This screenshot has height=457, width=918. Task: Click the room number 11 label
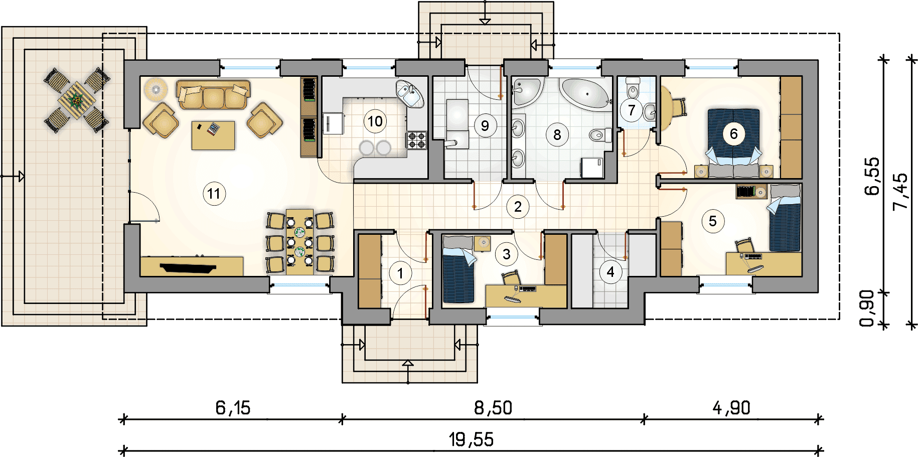[214, 194]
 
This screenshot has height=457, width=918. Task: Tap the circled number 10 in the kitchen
[375, 121]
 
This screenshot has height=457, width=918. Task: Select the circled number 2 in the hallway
[518, 207]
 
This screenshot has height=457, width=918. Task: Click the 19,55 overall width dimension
[471, 439]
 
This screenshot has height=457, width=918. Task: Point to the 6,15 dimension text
[233, 408]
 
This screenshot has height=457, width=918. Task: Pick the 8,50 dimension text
[493, 408]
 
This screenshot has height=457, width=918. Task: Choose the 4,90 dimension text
[731, 408]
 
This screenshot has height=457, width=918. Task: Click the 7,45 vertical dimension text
[900, 192]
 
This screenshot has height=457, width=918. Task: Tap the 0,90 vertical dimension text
[867, 308]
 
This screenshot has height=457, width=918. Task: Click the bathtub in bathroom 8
[585, 93]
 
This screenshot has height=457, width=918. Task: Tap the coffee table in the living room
[213, 135]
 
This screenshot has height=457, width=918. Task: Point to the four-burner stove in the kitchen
[416, 140]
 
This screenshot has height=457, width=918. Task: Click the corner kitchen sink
[410, 93]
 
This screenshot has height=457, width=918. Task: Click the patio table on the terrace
[76, 100]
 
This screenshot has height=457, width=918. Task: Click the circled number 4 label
[610, 272]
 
